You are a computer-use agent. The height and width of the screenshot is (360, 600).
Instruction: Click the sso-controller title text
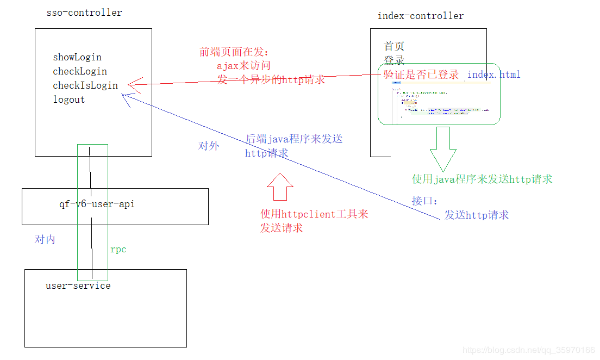coord(84,13)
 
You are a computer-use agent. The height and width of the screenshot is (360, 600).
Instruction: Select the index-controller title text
coord(421,16)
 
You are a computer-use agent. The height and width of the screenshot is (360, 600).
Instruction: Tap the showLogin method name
coord(77,57)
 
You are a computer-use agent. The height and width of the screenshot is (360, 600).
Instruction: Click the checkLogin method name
coord(80,71)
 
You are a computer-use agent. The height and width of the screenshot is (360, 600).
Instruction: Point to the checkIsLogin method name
coord(85,85)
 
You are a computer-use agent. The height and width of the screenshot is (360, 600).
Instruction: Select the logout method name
coord(69,100)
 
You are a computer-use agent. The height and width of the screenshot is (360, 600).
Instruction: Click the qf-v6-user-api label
coord(97,204)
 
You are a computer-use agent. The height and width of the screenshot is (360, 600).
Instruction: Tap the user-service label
coord(78,285)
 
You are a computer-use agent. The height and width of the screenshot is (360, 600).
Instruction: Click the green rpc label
coord(118,249)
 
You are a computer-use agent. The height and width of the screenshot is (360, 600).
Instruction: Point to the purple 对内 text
coord(45,239)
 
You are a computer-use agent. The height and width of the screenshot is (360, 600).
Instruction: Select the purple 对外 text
coord(209,146)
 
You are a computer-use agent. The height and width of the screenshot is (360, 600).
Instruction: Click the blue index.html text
coord(493,75)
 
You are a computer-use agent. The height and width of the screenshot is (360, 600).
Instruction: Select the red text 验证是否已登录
coord(421,75)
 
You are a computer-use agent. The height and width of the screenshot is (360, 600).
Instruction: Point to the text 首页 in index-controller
coord(394,46)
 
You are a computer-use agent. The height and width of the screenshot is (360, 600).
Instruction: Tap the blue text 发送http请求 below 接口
coord(476,215)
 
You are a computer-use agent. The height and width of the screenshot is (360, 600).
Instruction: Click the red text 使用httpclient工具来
coord(314,214)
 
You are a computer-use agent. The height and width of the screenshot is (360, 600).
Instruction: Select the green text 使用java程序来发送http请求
coord(482,179)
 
